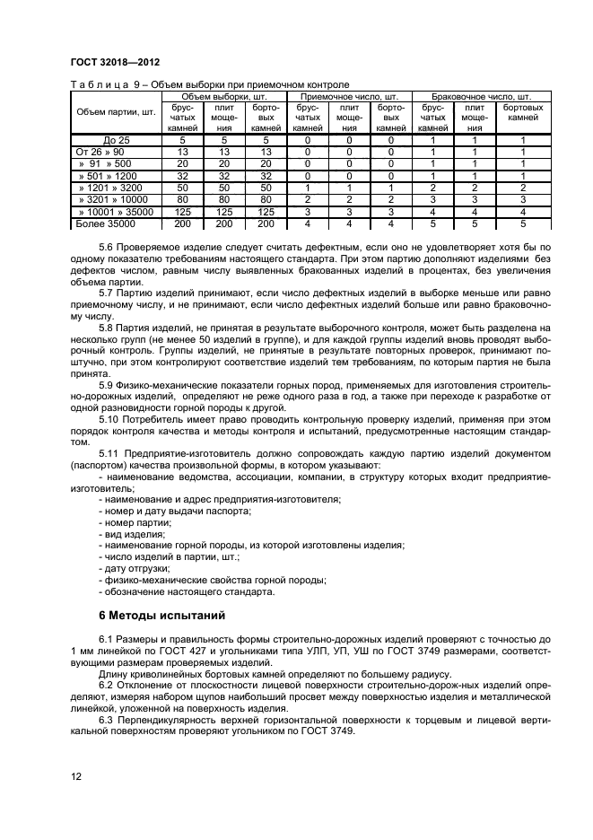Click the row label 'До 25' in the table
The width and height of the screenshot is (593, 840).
[117, 141]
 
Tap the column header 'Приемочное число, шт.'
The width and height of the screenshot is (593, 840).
[349, 96]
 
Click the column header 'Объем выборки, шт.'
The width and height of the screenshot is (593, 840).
[224, 96]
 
